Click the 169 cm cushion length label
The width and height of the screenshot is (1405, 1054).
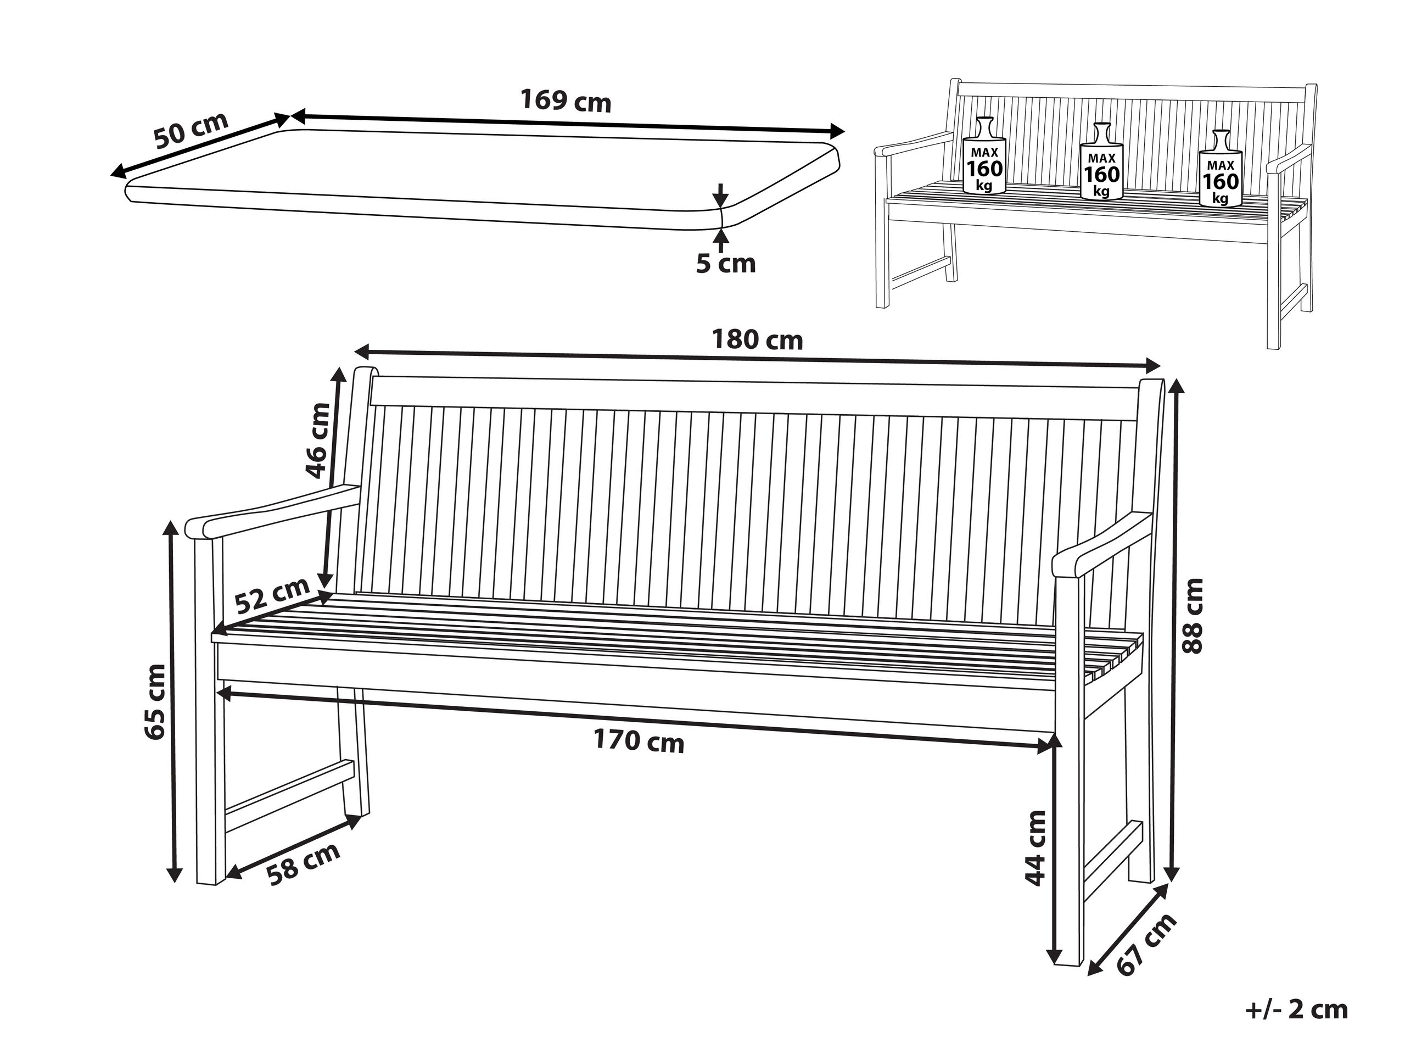[566, 101]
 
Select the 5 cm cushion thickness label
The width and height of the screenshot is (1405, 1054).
[725, 264]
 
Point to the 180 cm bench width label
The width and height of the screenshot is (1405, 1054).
[757, 340]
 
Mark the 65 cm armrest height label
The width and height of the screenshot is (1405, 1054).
[155, 701]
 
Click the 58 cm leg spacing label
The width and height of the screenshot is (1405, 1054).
[303, 864]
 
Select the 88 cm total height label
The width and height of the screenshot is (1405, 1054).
[1192, 616]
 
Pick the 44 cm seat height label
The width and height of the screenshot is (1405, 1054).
[1035, 848]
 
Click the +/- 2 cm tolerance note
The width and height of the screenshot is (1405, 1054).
[1297, 1010]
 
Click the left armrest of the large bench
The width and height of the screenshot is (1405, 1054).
[272, 512]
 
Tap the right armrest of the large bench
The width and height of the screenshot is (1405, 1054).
[1102, 545]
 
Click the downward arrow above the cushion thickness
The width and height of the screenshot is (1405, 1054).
[720, 194]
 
